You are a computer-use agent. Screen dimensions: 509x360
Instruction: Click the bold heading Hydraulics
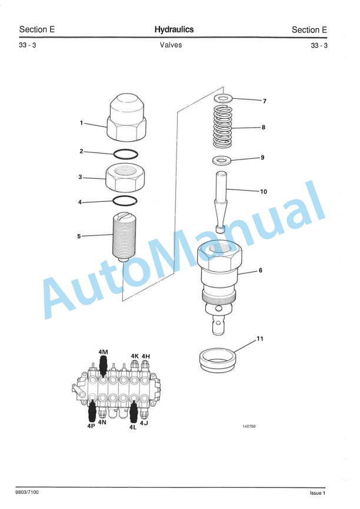pyautogui.click(x=174, y=29)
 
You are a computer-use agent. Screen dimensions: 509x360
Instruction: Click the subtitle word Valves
pyautogui.click(x=171, y=45)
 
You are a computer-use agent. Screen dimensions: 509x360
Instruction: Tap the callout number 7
pyautogui.click(x=265, y=101)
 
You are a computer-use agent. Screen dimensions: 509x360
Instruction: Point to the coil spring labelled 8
pyautogui.click(x=222, y=127)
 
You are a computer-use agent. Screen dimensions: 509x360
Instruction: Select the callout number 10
pyautogui.click(x=264, y=191)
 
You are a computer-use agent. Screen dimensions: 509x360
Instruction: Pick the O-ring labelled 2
pyautogui.click(x=125, y=154)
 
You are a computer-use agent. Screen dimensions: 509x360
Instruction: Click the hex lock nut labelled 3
pyautogui.click(x=125, y=177)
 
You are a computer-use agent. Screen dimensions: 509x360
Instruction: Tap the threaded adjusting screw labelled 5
pyautogui.click(x=124, y=237)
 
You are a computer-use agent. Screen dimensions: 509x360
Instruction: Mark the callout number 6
pyautogui.click(x=260, y=271)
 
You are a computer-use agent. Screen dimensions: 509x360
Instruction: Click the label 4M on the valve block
pyautogui.click(x=104, y=352)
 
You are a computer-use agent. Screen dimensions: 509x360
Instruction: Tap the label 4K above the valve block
pyautogui.click(x=135, y=356)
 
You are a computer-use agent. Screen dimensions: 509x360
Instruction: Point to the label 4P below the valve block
pyautogui.click(x=91, y=426)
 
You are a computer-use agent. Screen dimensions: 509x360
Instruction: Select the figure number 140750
pyautogui.click(x=249, y=427)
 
